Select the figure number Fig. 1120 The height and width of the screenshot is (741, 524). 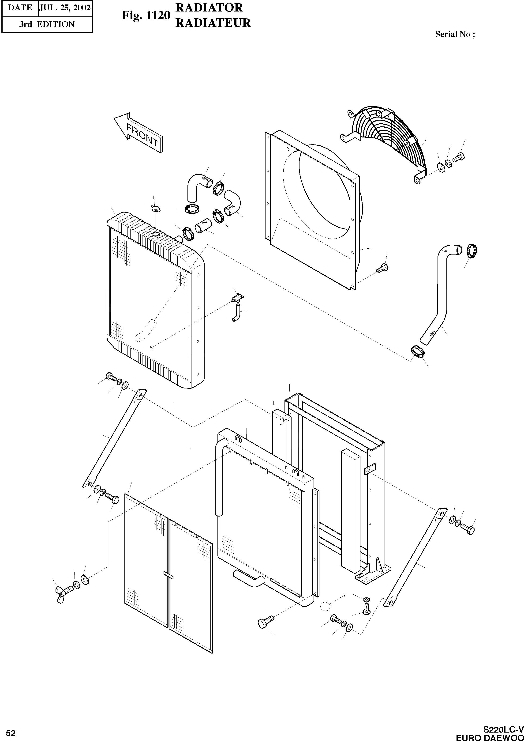coord(146,15)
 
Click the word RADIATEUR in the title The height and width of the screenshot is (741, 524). coord(213,23)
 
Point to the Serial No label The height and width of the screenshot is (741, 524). coord(455,34)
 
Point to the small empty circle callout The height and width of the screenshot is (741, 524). coord(326,606)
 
